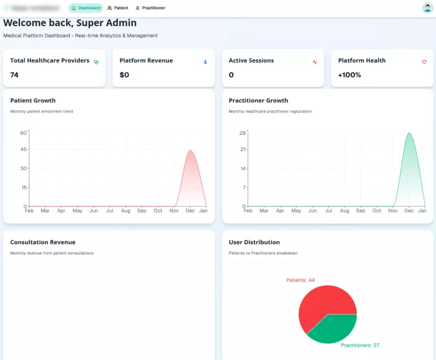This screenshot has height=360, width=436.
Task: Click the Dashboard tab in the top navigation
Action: (x=86, y=8)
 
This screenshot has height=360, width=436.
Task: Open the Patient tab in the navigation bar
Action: (x=118, y=8)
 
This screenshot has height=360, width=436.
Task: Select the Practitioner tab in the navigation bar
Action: (x=150, y=8)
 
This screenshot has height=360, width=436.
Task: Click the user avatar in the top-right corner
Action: (x=427, y=8)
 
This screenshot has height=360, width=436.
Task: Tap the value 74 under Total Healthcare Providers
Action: (x=14, y=75)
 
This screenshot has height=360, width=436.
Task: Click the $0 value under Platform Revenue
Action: (x=124, y=75)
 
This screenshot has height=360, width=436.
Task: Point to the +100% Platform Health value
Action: (x=349, y=75)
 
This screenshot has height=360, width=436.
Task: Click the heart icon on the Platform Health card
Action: (x=424, y=62)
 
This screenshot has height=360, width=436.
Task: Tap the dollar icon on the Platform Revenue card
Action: (x=205, y=62)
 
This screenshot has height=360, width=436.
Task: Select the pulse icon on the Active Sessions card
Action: (x=315, y=62)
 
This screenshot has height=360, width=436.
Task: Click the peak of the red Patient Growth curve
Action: (x=190, y=150)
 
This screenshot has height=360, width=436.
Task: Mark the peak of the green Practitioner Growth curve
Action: (x=409, y=133)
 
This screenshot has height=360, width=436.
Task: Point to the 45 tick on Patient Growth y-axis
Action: (x=24, y=150)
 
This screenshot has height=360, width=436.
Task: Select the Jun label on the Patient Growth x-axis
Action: (x=94, y=211)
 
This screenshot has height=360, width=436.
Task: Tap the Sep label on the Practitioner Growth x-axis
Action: (x=361, y=211)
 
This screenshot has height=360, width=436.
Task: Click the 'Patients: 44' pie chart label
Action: (x=300, y=280)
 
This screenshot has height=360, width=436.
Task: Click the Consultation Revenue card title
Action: (x=43, y=242)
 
